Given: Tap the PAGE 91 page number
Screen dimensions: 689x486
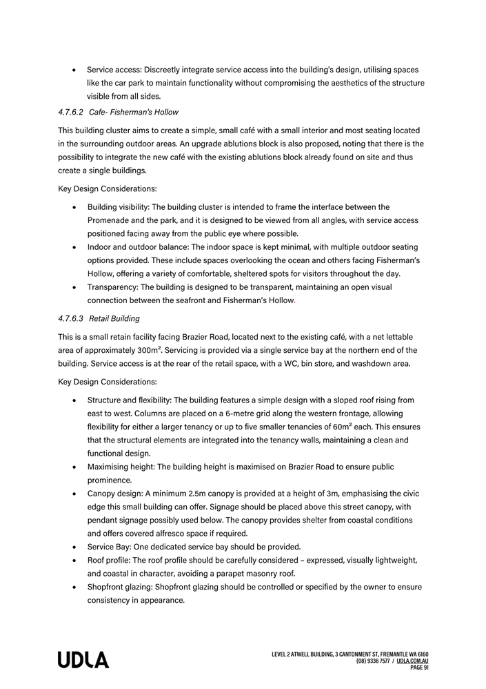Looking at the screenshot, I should point(419,668).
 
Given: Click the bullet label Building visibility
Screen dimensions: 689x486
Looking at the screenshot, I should point(118,206).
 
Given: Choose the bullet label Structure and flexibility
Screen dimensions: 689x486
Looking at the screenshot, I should point(129,400).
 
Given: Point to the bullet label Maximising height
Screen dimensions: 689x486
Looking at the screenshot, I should point(121,467).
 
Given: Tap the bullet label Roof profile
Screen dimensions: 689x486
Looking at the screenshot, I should point(110,560).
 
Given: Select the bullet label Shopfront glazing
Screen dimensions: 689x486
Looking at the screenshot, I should point(123,587).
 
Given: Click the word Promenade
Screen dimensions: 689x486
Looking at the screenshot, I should point(111,220).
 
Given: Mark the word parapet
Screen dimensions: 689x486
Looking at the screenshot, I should point(238,573).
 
